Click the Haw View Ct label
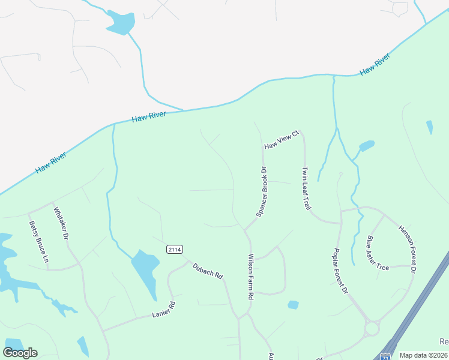281,141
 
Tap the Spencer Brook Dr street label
262,192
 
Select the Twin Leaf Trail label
306,188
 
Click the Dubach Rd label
208,270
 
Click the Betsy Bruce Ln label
38,242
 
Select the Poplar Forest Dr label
340,270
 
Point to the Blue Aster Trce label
378,252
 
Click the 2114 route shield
174,249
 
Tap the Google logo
20,353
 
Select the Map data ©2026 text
424,355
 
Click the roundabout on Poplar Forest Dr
372,328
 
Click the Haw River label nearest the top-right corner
375,64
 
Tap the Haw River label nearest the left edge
50,162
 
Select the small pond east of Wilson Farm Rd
293,305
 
